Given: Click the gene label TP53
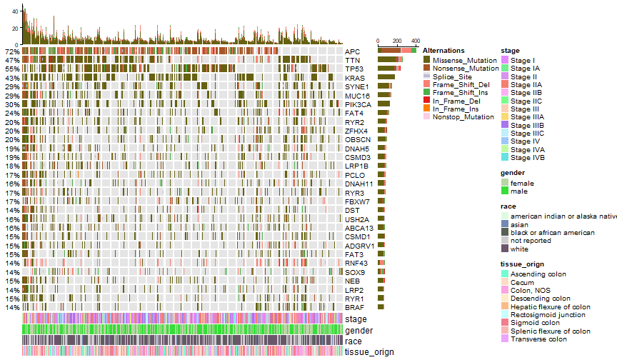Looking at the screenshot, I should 353,69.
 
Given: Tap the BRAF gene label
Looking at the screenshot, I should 354,308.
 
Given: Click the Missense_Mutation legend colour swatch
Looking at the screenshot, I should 427,60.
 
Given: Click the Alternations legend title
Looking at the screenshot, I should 443,51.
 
